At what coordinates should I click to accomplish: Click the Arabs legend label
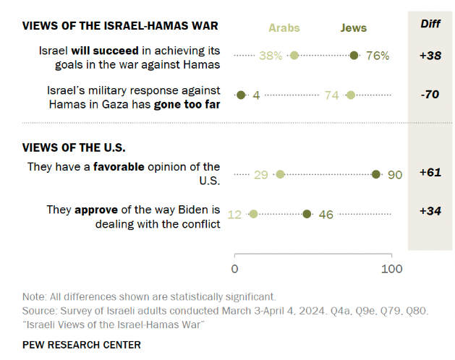click(284, 28)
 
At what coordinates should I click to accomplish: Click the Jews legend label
click(354, 28)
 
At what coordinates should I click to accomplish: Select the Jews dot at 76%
click(354, 56)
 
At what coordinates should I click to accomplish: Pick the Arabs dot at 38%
click(294, 56)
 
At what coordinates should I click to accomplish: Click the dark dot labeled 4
click(241, 95)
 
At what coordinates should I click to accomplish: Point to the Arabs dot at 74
click(351, 95)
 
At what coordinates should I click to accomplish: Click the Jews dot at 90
click(376, 174)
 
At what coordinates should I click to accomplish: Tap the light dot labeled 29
click(280, 174)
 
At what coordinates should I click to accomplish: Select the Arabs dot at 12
click(253, 214)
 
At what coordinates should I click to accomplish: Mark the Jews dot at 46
click(307, 214)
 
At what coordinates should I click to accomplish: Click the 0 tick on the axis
click(234, 269)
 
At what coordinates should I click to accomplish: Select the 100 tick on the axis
click(391, 269)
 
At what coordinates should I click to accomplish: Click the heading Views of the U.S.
click(74, 147)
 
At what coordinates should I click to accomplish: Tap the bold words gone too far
click(186, 104)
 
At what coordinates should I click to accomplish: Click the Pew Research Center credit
click(81, 345)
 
